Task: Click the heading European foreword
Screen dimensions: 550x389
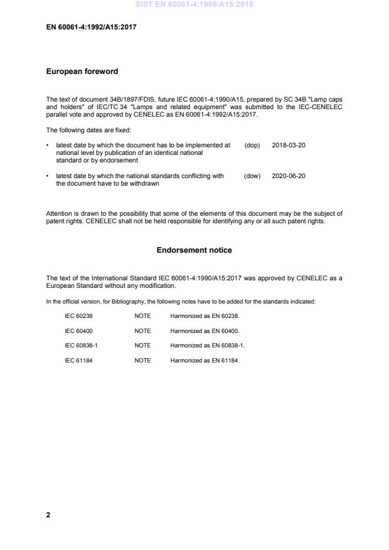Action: tap(82, 72)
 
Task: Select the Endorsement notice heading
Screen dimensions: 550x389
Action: tap(194, 250)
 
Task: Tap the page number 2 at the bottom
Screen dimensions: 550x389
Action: tap(48, 515)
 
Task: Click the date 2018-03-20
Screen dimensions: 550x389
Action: tap(289, 145)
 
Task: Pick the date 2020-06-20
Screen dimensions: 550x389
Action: tap(289, 176)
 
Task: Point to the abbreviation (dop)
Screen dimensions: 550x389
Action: tap(252, 145)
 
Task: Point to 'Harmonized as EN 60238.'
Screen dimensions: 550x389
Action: tap(205, 316)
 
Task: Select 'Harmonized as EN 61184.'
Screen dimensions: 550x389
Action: tap(205, 361)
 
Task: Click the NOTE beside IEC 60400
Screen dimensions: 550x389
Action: tap(142, 331)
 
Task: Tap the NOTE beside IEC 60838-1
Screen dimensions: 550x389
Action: tap(142, 346)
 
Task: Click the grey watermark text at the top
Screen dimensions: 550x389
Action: tap(194, 5)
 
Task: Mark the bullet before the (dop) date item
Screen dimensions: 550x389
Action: tap(48, 145)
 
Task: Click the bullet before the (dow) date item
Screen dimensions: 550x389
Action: tap(48, 176)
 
